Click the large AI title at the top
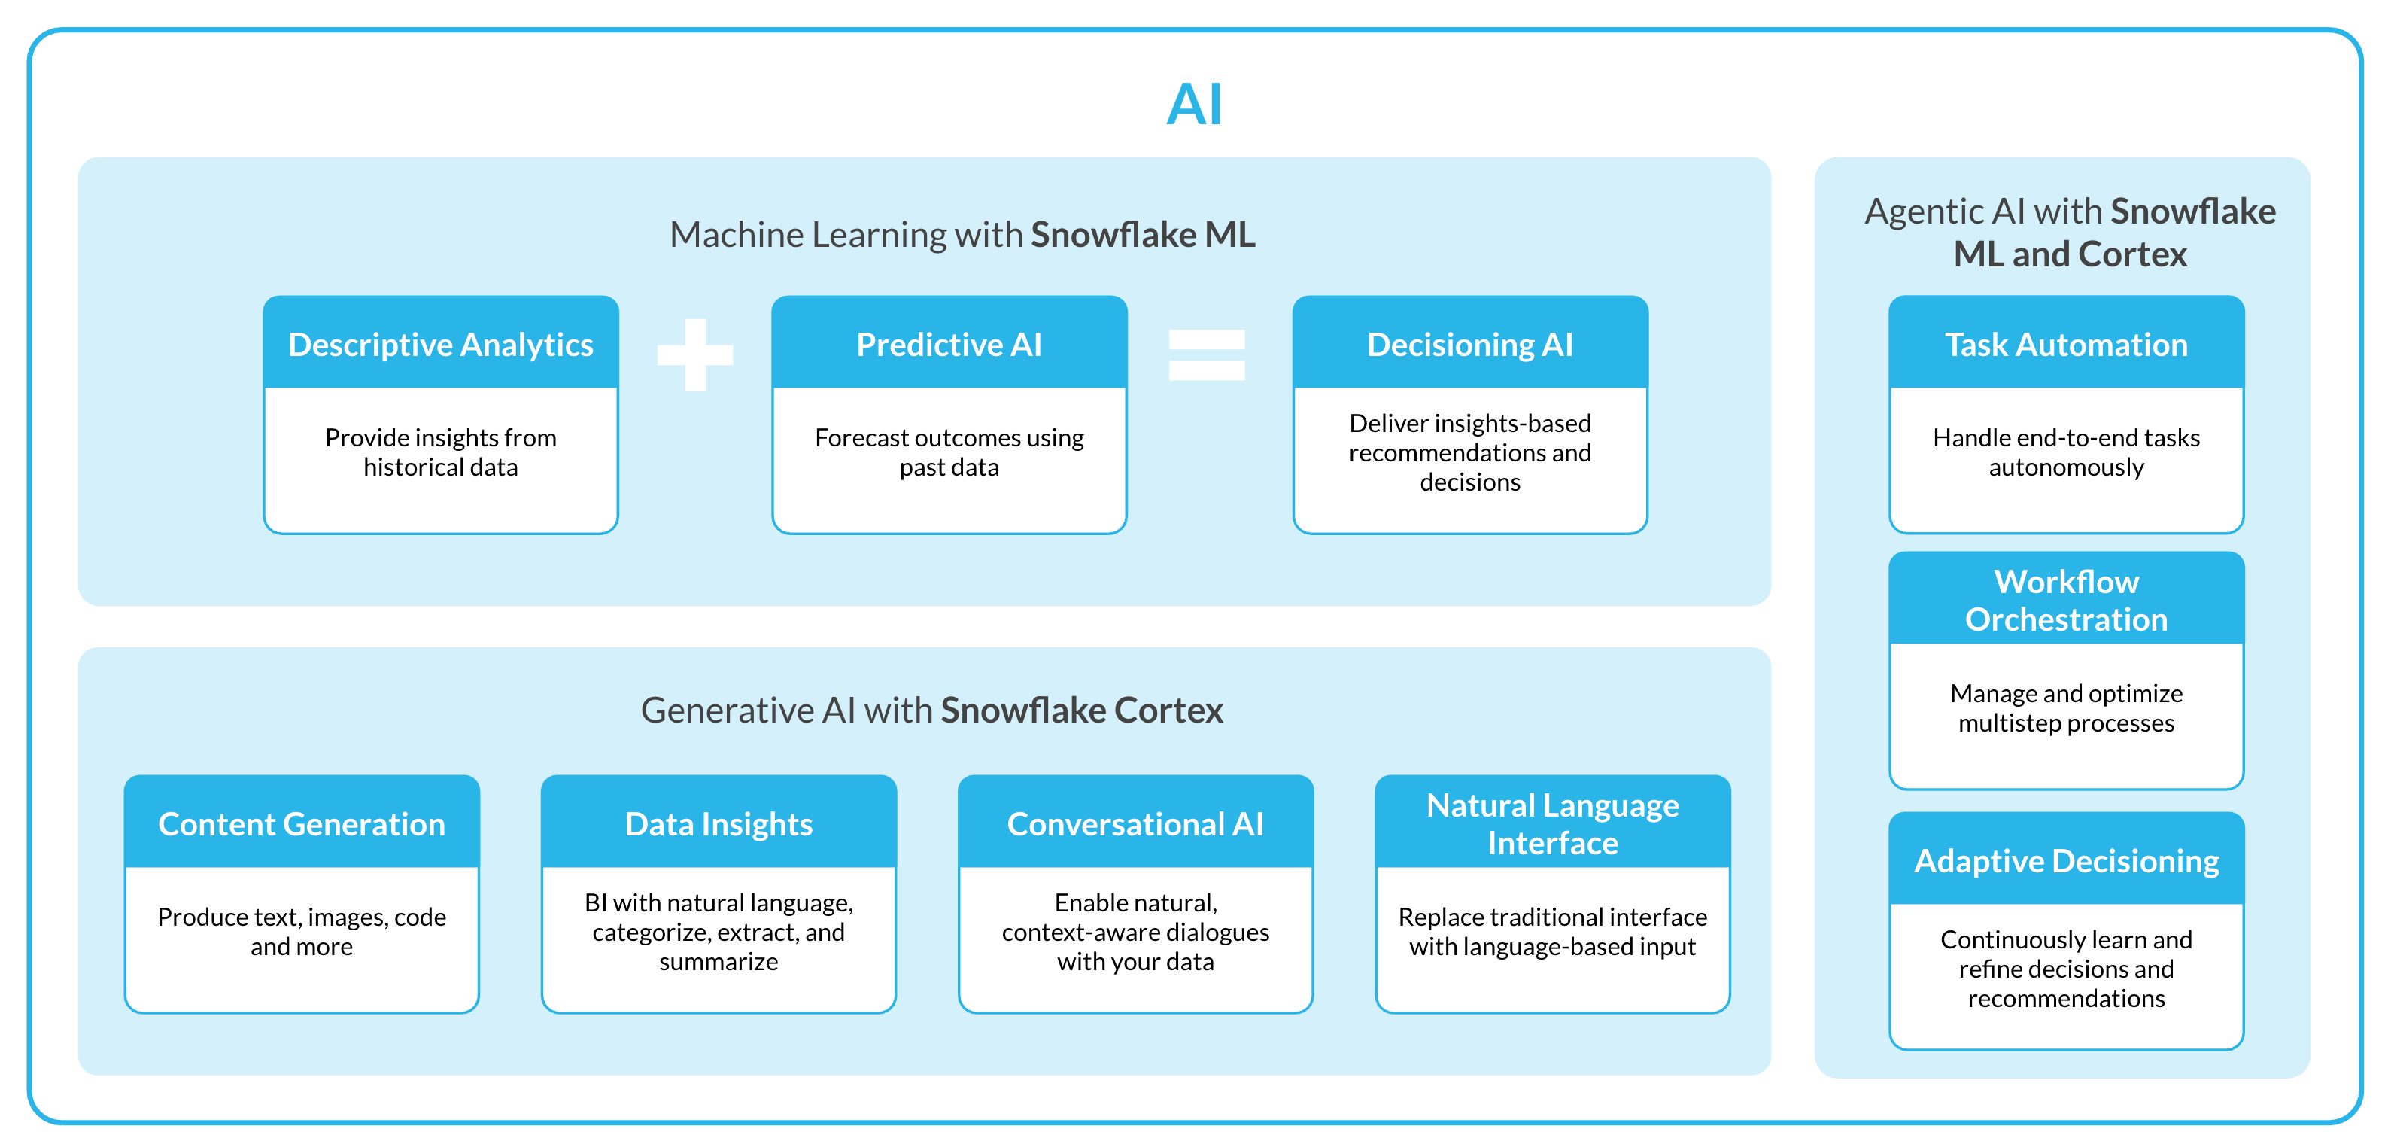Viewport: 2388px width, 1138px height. coord(1194,104)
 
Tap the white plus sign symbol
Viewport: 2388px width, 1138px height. coord(694,354)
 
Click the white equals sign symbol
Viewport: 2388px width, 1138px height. coord(1206,354)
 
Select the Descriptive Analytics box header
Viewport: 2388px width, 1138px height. coord(440,344)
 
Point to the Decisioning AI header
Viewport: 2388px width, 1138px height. coord(1469,344)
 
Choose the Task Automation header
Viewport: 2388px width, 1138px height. coord(2065,344)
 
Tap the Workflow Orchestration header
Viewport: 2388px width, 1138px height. coord(2065,600)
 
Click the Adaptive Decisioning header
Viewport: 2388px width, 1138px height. coord(2065,861)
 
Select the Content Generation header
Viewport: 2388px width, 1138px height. coord(301,823)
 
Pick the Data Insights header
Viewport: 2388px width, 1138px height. coord(719,823)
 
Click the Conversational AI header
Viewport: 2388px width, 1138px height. coord(1135,823)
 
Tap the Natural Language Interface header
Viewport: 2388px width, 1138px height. coord(1552,823)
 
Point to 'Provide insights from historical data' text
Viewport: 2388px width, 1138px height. coord(440,452)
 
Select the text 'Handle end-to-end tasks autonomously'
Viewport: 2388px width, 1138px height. coord(2065,452)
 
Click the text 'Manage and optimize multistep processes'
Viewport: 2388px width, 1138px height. coord(2065,707)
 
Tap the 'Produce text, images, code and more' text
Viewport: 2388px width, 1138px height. coord(301,931)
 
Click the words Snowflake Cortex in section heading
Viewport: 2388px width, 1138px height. coord(1081,710)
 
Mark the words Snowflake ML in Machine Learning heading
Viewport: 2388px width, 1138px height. coord(1142,235)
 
